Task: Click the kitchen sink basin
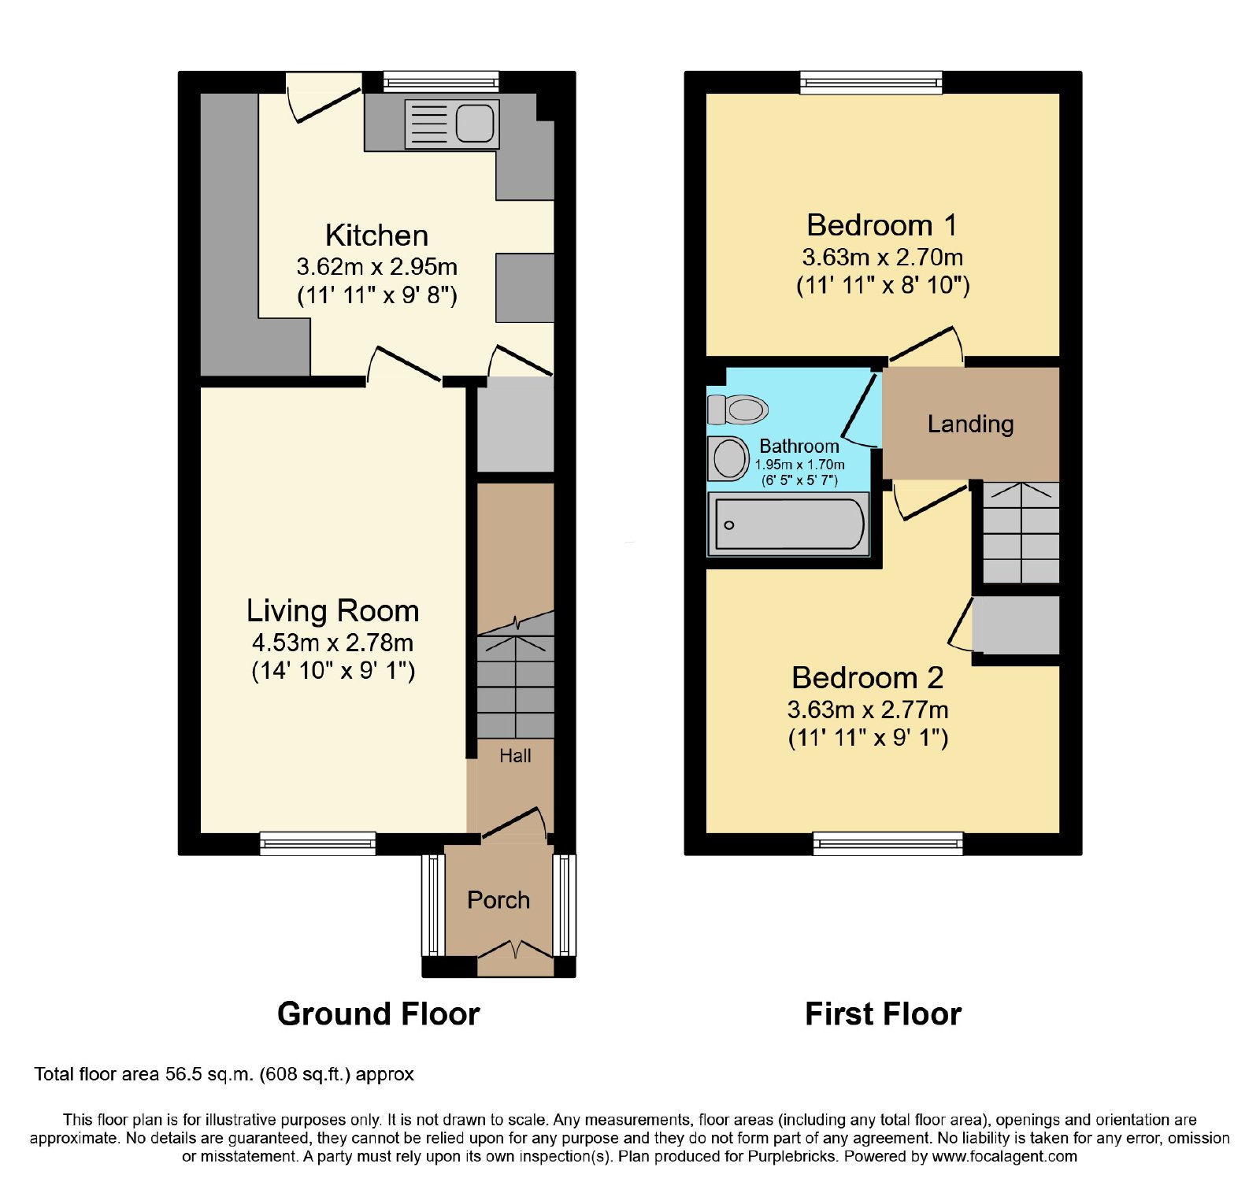click(475, 124)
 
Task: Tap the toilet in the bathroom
click(737, 409)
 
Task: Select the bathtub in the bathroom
click(788, 524)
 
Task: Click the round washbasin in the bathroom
click(728, 458)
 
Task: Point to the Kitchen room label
click(376, 235)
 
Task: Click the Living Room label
click(332, 611)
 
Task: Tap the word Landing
click(970, 424)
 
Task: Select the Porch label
click(498, 900)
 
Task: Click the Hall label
click(515, 756)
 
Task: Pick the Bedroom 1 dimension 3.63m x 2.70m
click(883, 258)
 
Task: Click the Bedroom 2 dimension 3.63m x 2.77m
click(868, 710)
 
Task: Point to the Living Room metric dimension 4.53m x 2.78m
click(332, 643)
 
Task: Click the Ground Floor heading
click(378, 1014)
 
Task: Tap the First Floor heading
click(883, 1014)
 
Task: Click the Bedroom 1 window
click(871, 82)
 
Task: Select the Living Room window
click(318, 843)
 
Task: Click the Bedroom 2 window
click(888, 843)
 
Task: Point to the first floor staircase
click(1021, 532)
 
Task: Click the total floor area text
click(224, 1075)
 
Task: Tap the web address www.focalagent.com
click(1004, 1157)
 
